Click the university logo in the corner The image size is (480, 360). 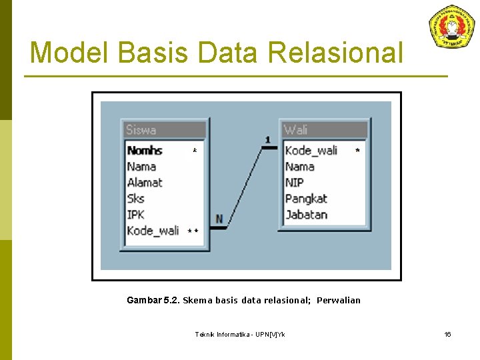point(451,26)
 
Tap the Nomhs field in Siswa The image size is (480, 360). point(145,151)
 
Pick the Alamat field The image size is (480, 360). point(145,183)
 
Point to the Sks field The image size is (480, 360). point(136,199)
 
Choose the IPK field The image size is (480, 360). point(136,215)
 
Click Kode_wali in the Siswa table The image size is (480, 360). point(153,231)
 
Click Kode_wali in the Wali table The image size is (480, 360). point(311,151)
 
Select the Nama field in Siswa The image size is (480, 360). point(141,167)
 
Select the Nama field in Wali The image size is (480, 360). point(300,167)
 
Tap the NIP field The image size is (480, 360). point(295,183)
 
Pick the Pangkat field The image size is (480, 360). point(306,199)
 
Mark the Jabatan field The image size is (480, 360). point(306,215)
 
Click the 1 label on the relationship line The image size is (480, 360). point(267,140)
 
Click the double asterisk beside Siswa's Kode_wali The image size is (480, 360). point(193,231)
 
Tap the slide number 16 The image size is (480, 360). point(448,334)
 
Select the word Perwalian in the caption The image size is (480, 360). point(339,301)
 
